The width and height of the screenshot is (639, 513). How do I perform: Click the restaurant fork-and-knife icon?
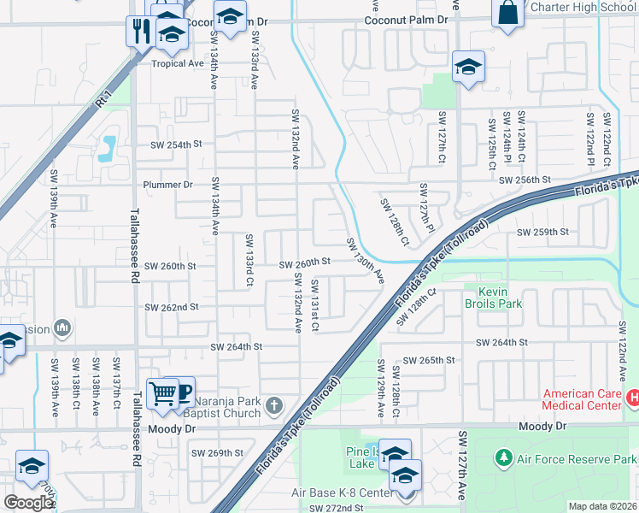click(x=139, y=30)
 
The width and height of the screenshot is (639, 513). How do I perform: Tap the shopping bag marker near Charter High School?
click(x=507, y=14)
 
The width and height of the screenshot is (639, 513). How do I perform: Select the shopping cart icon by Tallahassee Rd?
click(x=161, y=393)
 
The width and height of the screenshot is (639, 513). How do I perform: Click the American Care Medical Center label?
click(x=581, y=399)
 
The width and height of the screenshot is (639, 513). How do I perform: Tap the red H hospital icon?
click(x=633, y=398)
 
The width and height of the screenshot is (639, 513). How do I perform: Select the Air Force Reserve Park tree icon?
click(x=503, y=458)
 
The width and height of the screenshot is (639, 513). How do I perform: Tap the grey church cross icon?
click(x=274, y=405)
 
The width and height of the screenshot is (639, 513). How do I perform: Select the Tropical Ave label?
click(x=178, y=63)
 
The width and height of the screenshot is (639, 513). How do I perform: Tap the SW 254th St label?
click(x=177, y=144)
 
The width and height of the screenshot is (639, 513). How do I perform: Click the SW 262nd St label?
click(x=172, y=307)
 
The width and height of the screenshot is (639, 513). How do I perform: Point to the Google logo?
click(x=28, y=503)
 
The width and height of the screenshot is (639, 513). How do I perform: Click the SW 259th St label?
click(x=542, y=232)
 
